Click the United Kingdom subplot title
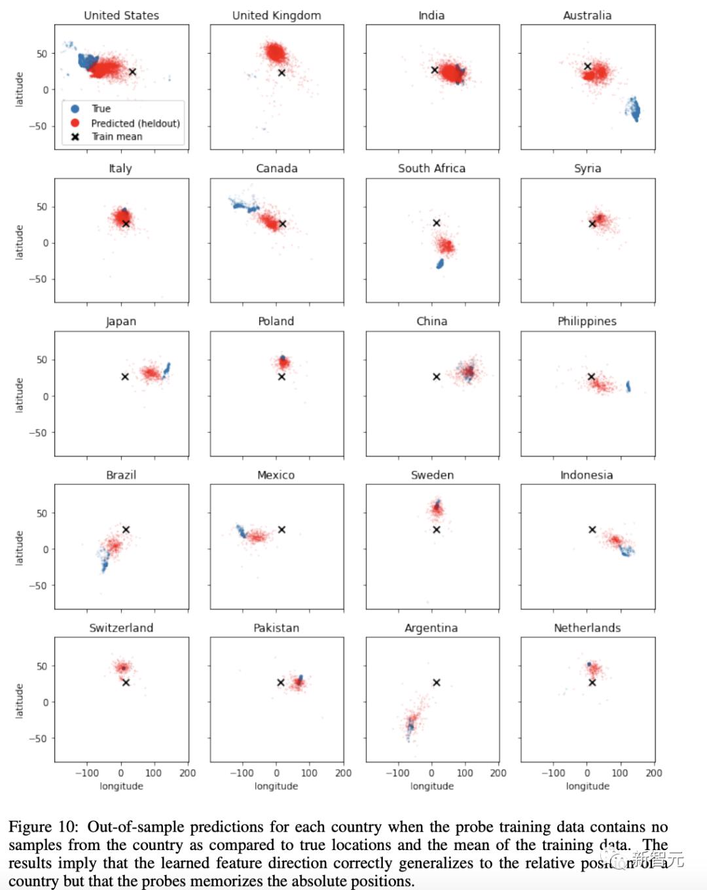click(x=276, y=15)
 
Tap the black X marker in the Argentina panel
click(x=436, y=683)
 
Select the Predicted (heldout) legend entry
click(x=135, y=123)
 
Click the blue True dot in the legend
click(x=75, y=109)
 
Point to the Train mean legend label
click(x=117, y=137)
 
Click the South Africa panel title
click(x=431, y=168)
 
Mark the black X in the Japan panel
click(x=125, y=377)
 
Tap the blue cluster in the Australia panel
click(x=634, y=109)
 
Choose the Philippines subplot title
click(x=587, y=321)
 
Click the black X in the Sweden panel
click(x=436, y=529)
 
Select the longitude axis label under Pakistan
click(x=276, y=786)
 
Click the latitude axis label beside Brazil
click(x=19, y=548)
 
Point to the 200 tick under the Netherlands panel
click(x=653, y=773)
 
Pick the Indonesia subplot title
click(x=587, y=474)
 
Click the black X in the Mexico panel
click(x=281, y=529)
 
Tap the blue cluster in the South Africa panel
click(x=440, y=264)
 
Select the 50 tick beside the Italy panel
click(x=42, y=207)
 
